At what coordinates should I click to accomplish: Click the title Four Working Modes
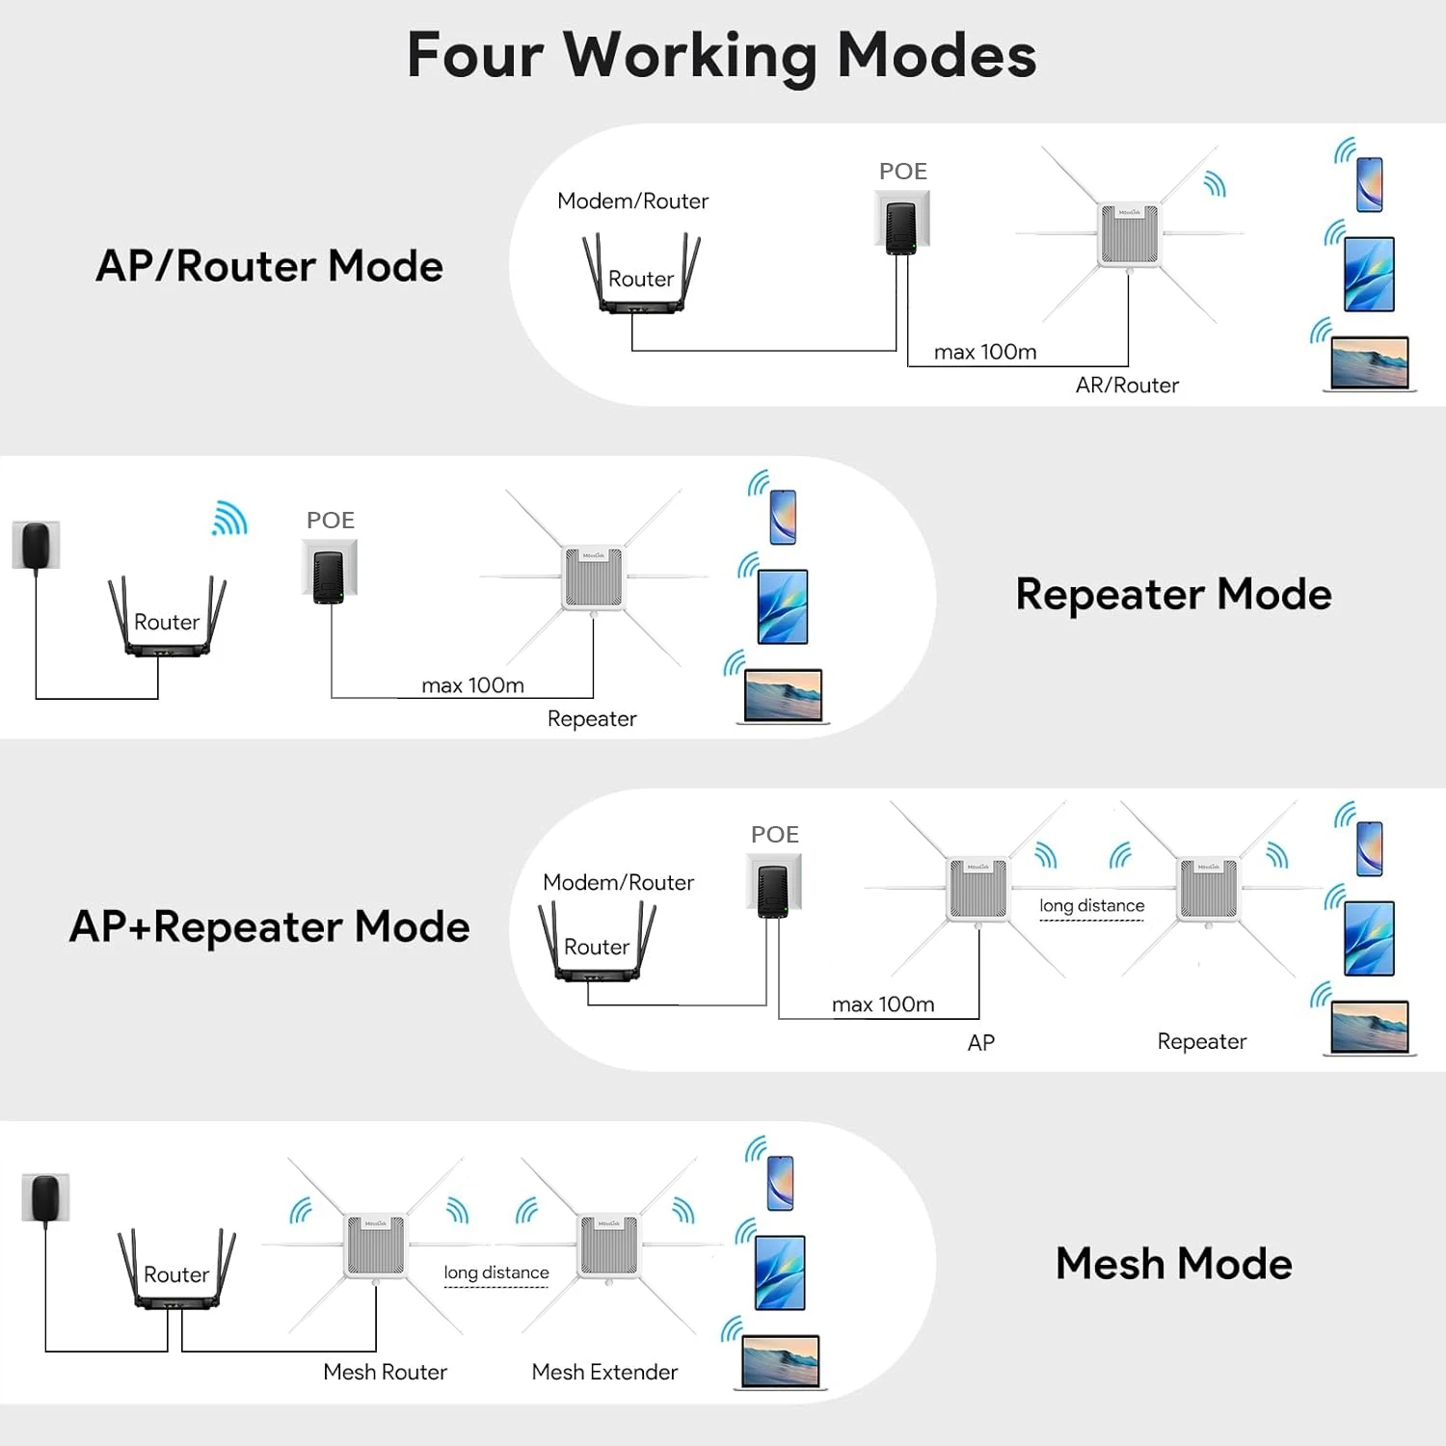pyautogui.click(x=721, y=55)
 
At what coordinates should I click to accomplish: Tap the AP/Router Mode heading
pyautogui.click(x=270, y=266)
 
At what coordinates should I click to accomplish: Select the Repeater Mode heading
pyautogui.click(x=1173, y=594)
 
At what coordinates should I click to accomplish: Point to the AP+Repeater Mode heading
pyautogui.click(x=270, y=926)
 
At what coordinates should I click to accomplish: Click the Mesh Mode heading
pyautogui.click(x=1173, y=1264)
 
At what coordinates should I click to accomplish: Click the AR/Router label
pyautogui.click(x=1127, y=386)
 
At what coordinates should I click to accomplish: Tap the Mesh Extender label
pyautogui.click(x=604, y=1372)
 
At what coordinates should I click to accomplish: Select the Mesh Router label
pyautogui.click(x=385, y=1372)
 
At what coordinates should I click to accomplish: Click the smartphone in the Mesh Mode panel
pyautogui.click(x=780, y=1183)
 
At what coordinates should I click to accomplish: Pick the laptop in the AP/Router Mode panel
pyautogui.click(x=1369, y=363)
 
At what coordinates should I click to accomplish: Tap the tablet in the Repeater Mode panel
pyautogui.click(x=783, y=607)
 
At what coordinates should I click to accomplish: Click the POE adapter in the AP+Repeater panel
pyautogui.click(x=773, y=890)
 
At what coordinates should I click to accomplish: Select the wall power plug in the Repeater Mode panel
pyautogui.click(x=37, y=546)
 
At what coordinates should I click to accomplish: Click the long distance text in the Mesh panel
pyautogui.click(x=496, y=1272)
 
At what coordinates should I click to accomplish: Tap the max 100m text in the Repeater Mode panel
pyautogui.click(x=472, y=685)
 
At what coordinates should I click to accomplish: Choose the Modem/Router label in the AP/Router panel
pyautogui.click(x=632, y=201)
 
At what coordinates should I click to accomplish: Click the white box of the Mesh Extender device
pyautogui.click(x=607, y=1245)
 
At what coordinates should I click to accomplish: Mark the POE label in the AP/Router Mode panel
pyautogui.click(x=902, y=172)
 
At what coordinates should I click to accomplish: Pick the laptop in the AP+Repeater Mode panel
pyautogui.click(x=1369, y=1028)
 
